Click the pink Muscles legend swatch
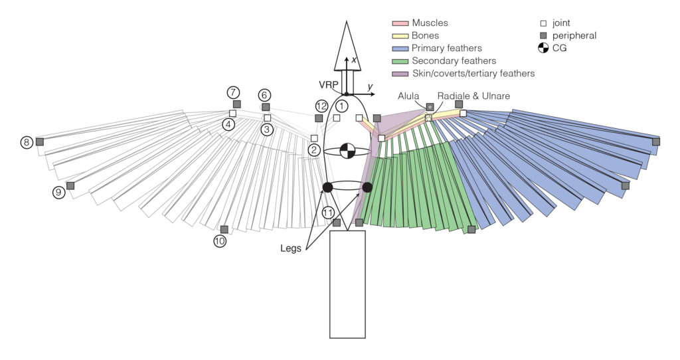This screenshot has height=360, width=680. point(400,23)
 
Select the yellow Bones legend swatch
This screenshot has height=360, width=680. point(400,36)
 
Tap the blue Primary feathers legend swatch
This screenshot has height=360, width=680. point(400,48)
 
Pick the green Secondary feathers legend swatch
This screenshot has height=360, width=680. point(400,61)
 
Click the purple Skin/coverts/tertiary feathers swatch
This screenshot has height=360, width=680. point(400,74)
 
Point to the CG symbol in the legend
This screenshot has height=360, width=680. point(543,48)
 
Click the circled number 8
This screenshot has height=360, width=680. point(26,142)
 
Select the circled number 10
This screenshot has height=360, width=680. point(220,242)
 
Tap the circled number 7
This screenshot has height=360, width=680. point(232,92)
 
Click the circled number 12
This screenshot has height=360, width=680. point(322,106)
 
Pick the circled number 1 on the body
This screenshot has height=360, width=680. point(341,106)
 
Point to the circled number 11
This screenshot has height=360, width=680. point(328,213)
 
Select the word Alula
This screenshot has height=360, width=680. point(408,96)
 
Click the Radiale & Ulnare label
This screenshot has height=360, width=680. point(473,96)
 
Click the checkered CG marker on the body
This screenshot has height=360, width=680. point(347,151)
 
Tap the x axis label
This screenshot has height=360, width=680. point(355,60)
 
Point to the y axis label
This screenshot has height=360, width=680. point(370,87)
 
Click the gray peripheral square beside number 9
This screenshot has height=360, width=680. point(70,185)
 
